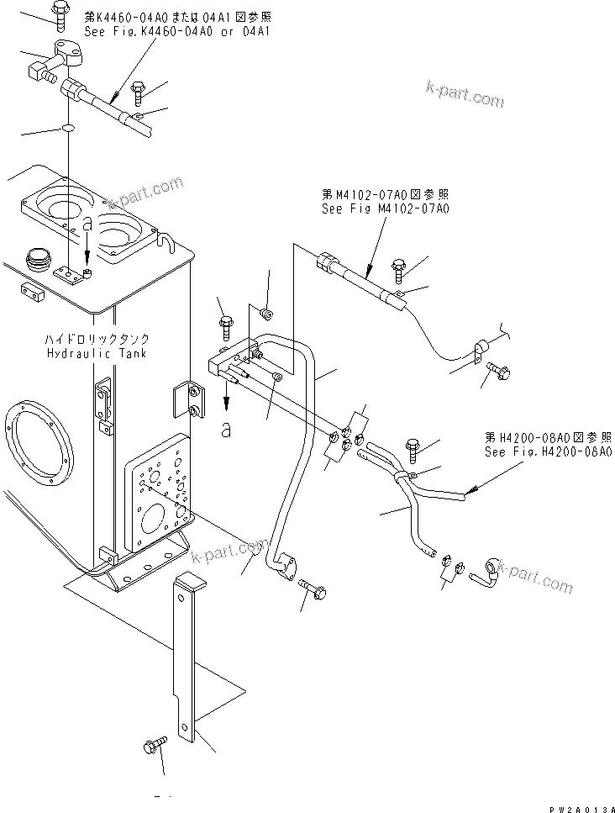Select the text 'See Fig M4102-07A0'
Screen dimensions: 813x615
pyautogui.click(x=385, y=209)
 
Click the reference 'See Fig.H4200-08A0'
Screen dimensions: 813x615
pyautogui.click(x=547, y=451)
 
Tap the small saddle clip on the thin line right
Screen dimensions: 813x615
pyautogui.click(x=486, y=346)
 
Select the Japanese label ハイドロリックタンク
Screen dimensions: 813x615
pyautogui.click(x=97, y=340)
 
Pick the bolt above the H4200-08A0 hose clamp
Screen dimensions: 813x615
pyautogui.click(x=413, y=448)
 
